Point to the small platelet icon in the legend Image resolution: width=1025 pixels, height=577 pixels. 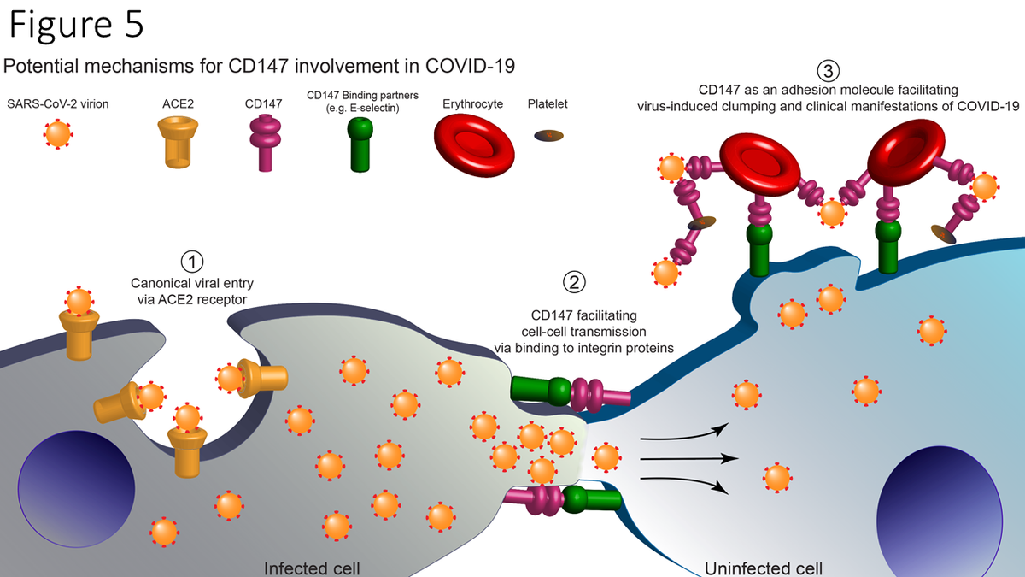point(549,136)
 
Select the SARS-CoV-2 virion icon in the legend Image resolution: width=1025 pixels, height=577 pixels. point(59,135)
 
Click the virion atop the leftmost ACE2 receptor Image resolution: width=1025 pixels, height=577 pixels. point(78,302)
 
